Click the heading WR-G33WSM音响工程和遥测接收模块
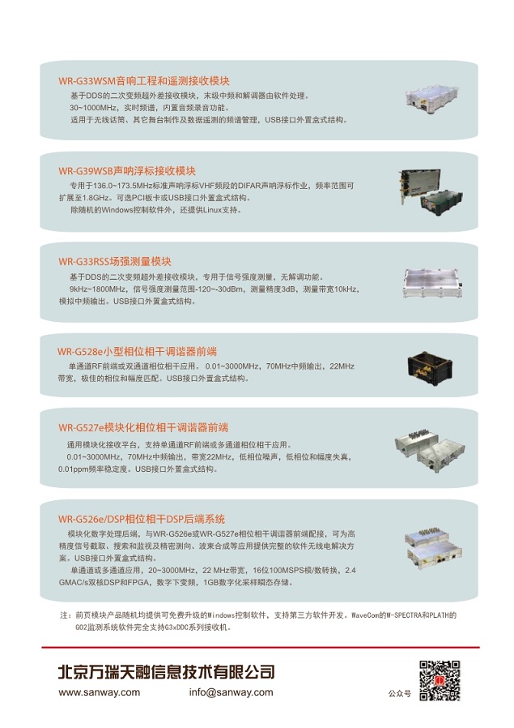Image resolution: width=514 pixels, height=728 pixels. tap(144, 81)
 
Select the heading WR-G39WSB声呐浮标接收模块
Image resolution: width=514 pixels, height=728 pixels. tap(127, 171)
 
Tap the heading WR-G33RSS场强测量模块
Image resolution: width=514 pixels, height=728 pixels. tap(115, 262)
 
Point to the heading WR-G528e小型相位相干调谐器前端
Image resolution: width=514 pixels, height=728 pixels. tap(137, 352)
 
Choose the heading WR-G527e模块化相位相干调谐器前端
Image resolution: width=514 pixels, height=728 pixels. tap(142, 427)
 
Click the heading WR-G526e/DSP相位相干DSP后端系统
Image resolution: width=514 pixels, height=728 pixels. tap(141, 519)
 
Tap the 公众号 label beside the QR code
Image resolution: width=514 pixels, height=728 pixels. tap(399, 694)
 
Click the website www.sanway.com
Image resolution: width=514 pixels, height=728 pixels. tap(99, 692)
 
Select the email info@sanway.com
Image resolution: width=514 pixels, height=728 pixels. tap(231, 692)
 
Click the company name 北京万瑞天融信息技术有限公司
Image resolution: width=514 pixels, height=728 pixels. tap(166, 672)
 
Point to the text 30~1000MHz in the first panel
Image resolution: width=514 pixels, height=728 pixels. tap(94, 108)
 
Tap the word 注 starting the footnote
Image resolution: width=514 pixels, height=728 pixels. tap(65, 615)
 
